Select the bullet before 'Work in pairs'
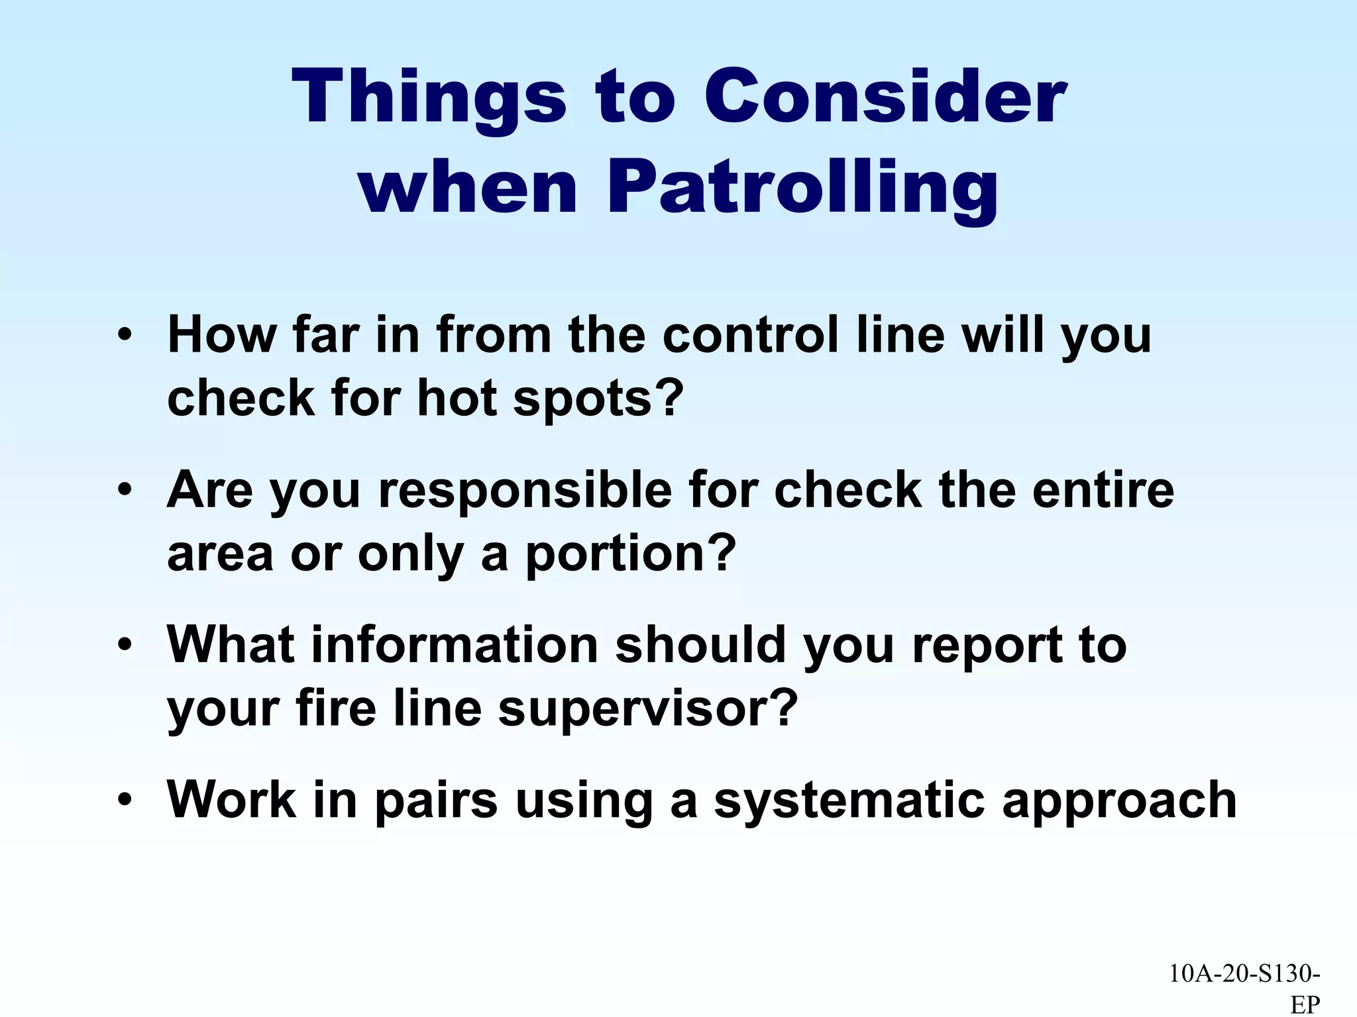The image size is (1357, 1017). (124, 800)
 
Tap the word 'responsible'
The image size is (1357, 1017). (525, 491)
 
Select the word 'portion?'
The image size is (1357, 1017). (631, 554)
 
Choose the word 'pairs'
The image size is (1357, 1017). (435, 800)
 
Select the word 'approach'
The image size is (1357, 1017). (1119, 800)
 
